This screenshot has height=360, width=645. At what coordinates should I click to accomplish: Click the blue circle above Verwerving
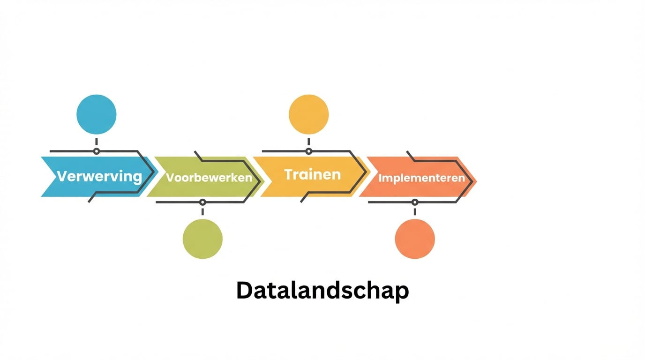[97, 114]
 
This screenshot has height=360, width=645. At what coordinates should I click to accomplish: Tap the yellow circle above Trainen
[309, 114]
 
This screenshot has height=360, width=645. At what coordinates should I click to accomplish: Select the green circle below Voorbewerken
[202, 239]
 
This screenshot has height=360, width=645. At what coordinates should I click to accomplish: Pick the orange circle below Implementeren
[415, 239]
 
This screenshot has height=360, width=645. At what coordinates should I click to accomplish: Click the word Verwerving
[99, 176]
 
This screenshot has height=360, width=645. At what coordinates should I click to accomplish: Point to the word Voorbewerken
[209, 178]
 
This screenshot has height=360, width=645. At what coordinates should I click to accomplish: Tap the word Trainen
[313, 174]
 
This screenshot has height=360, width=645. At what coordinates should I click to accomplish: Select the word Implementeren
[421, 178]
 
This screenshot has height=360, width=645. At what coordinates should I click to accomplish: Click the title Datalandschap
[322, 291]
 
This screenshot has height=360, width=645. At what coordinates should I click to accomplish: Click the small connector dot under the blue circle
[97, 151]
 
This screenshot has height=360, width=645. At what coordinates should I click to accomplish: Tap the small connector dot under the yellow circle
[309, 151]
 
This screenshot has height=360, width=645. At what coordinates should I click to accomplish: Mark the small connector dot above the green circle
[202, 202]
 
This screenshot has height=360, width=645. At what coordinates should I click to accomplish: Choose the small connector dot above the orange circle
[415, 202]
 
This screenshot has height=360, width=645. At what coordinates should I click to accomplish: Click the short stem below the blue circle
[97, 142]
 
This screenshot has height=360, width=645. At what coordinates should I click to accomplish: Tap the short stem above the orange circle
[415, 212]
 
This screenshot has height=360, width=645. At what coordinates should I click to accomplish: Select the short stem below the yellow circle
[309, 142]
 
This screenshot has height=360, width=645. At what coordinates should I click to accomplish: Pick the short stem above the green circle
[202, 212]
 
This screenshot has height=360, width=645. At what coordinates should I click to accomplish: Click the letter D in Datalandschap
[245, 291]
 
